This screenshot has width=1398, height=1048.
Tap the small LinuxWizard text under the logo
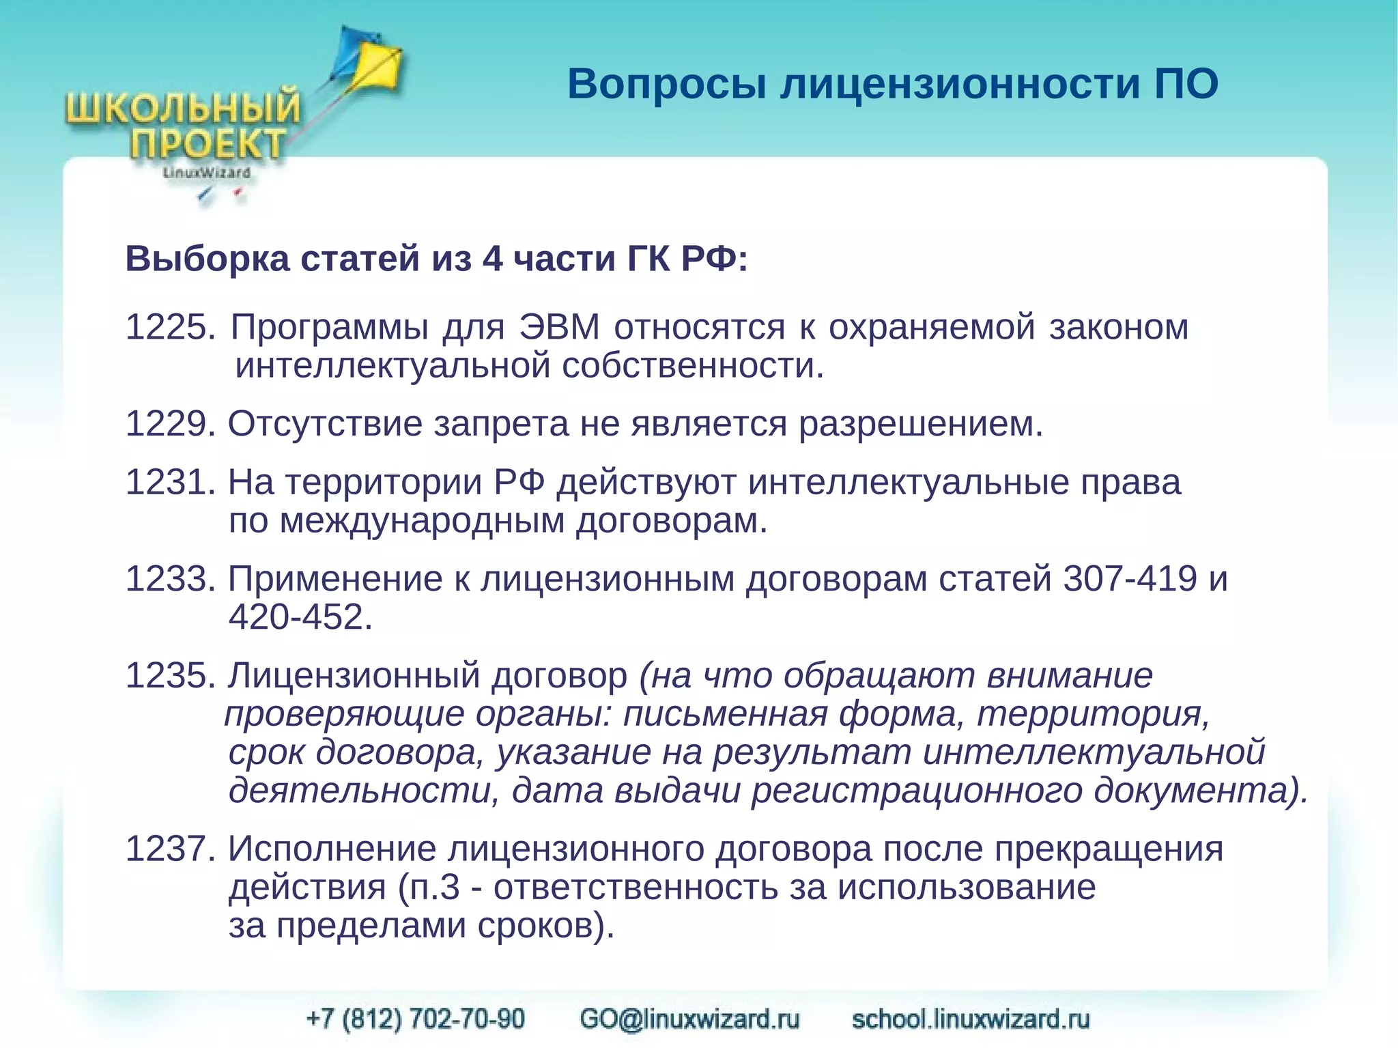pyautogui.click(x=206, y=173)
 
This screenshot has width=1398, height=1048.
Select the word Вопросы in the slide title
pyautogui.click(x=666, y=85)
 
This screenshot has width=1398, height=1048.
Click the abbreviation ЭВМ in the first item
pyautogui.click(x=559, y=327)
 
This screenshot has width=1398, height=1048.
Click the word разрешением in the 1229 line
pyautogui.click(x=920, y=424)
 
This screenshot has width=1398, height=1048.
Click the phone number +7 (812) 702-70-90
pyautogui.click(x=416, y=1019)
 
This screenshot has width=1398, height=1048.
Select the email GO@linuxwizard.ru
pyautogui.click(x=689, y=1019)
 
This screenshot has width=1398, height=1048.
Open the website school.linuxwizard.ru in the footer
pyautogui.click(x=971, y=1019)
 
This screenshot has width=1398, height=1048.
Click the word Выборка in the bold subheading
pyautogui.click(x=208, y=259)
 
